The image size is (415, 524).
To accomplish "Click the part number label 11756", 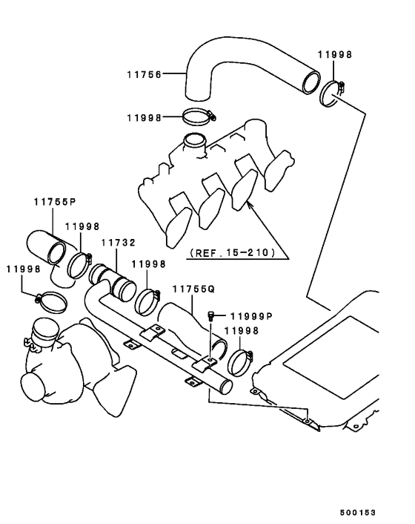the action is [x=144, y=74].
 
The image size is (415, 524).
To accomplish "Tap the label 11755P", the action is [x=55, y=202].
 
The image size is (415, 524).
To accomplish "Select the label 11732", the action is [x=119, y=243].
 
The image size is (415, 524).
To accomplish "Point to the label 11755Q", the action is [x=193, y=289].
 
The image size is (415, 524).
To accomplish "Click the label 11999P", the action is [x=252, y=315].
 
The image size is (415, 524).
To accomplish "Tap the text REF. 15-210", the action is [x=233, y=252].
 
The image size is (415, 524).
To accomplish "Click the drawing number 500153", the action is [x=358, y=513].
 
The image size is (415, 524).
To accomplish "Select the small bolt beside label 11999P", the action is [x=210, y=315].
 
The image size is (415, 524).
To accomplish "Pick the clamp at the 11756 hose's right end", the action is [x=332, y=93].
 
